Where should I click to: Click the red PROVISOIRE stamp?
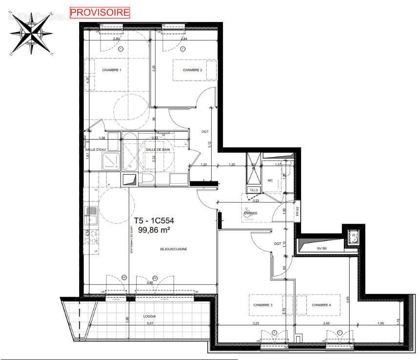click(x=100, y=12)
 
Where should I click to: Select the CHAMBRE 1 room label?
click(x=111, y=70)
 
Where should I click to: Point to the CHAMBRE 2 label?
click(x=192, y=70)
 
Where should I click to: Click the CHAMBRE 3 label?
click(x=262, y=305)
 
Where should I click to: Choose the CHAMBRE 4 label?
click(x=321, y=305)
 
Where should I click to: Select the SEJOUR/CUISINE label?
click(x=173, y=249)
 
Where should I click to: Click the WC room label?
click(x=270, y=180)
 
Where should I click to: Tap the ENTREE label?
click(x=251, y=213)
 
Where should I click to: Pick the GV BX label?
click(x=321, y=248)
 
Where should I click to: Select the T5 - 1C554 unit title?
click(x=154, y=220)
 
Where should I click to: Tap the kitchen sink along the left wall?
click(x=91, y=212)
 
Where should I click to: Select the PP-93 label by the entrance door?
click(x=297, y=211)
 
